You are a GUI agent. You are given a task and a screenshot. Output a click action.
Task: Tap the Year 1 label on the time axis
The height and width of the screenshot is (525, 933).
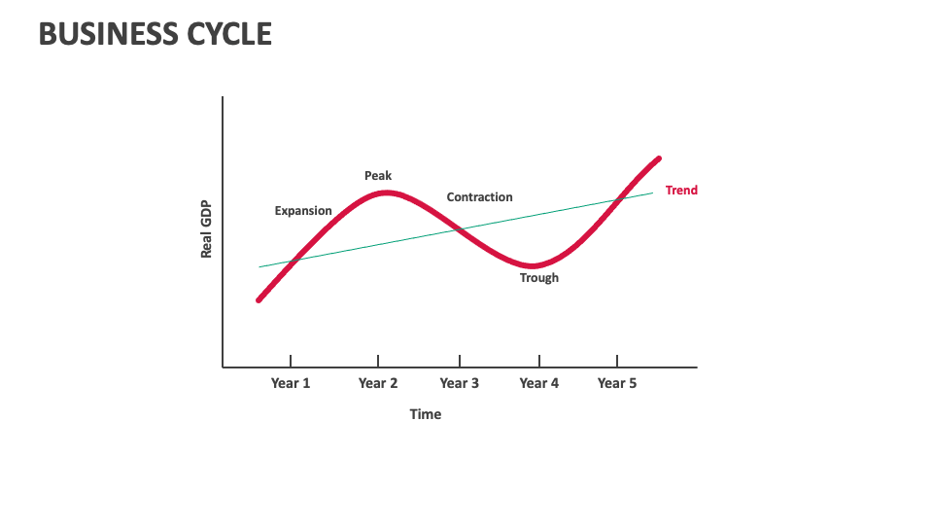pyautogui.click(x=291, y=383)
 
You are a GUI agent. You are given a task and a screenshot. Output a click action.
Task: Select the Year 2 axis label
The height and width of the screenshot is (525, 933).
pyautogui.click(x=378, y=383)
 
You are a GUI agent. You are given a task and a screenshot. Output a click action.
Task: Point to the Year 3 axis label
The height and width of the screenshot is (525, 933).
pyautogui.click(x=460, y=383)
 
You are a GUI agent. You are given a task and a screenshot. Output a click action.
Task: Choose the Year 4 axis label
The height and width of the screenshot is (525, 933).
pyautogui.click(x=539, y=383)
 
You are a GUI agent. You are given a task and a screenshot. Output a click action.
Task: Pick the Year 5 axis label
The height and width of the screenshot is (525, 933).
pyautogui.click(x=617, y=383)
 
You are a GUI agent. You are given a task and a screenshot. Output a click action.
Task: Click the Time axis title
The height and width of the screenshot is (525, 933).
pyautogui.click(x=426, y=414)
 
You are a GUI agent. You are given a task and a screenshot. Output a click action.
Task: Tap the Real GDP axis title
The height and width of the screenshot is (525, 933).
pyautogui.click(x=206, y=230)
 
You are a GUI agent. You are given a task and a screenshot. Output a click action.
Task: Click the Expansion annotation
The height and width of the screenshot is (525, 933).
pyautogui.click(x=303, y=211)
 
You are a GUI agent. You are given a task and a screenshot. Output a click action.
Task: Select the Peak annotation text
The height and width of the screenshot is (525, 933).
pyautogui.click(x=378, y=176)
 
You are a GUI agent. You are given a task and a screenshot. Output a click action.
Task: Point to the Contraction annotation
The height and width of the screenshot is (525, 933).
pyautogui.click(x=479, y=197)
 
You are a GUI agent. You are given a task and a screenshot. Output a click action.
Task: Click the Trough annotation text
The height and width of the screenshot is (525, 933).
pyautogui.click(x=539, y=278)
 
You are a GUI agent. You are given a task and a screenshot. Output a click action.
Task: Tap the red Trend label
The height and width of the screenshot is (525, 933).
pyautogui.click(x=681, y=191)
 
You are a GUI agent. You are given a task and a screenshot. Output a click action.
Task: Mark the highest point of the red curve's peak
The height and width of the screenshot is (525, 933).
pyautogui.click(x=386, y=192)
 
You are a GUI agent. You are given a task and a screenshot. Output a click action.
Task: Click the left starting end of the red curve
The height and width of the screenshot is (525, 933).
pyautogui.click(x=259, y=300)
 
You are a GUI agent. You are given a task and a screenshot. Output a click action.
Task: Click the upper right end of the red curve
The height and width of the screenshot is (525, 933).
pyautogui.click(x=659, y=157)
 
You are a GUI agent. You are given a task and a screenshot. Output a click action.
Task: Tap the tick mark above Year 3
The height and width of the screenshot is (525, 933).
pyautogui.click(x=460, y=362)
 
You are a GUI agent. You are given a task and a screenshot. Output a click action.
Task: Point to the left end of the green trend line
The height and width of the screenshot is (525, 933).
pyautogui.click(x=259, y=266)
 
